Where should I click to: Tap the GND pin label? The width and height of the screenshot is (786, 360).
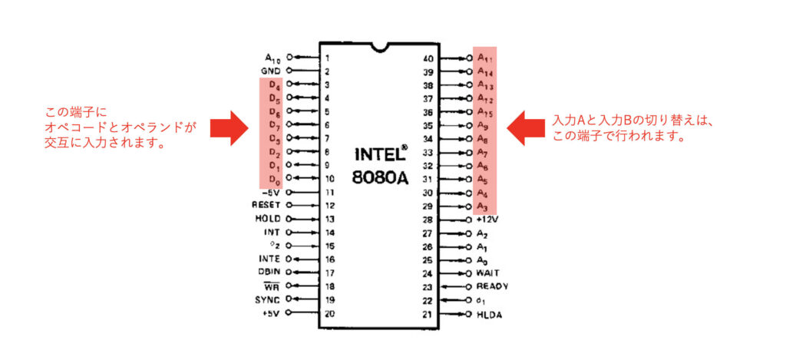coord(270,71)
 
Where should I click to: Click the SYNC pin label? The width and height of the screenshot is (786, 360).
coord(267,299)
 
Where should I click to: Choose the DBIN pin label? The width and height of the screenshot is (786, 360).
coord(267,272)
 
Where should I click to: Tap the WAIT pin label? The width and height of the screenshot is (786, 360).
coord(489,272)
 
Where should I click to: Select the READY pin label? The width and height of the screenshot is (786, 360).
coord(492,286)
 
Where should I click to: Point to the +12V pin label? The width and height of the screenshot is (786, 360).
coord(488,219)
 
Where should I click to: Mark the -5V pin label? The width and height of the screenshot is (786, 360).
coord(271,192)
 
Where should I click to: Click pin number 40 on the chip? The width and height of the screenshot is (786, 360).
coord(428,58)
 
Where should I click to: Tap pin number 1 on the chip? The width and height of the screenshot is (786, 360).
coord(327,58)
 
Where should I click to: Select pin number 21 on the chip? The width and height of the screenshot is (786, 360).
coord(428,315)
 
